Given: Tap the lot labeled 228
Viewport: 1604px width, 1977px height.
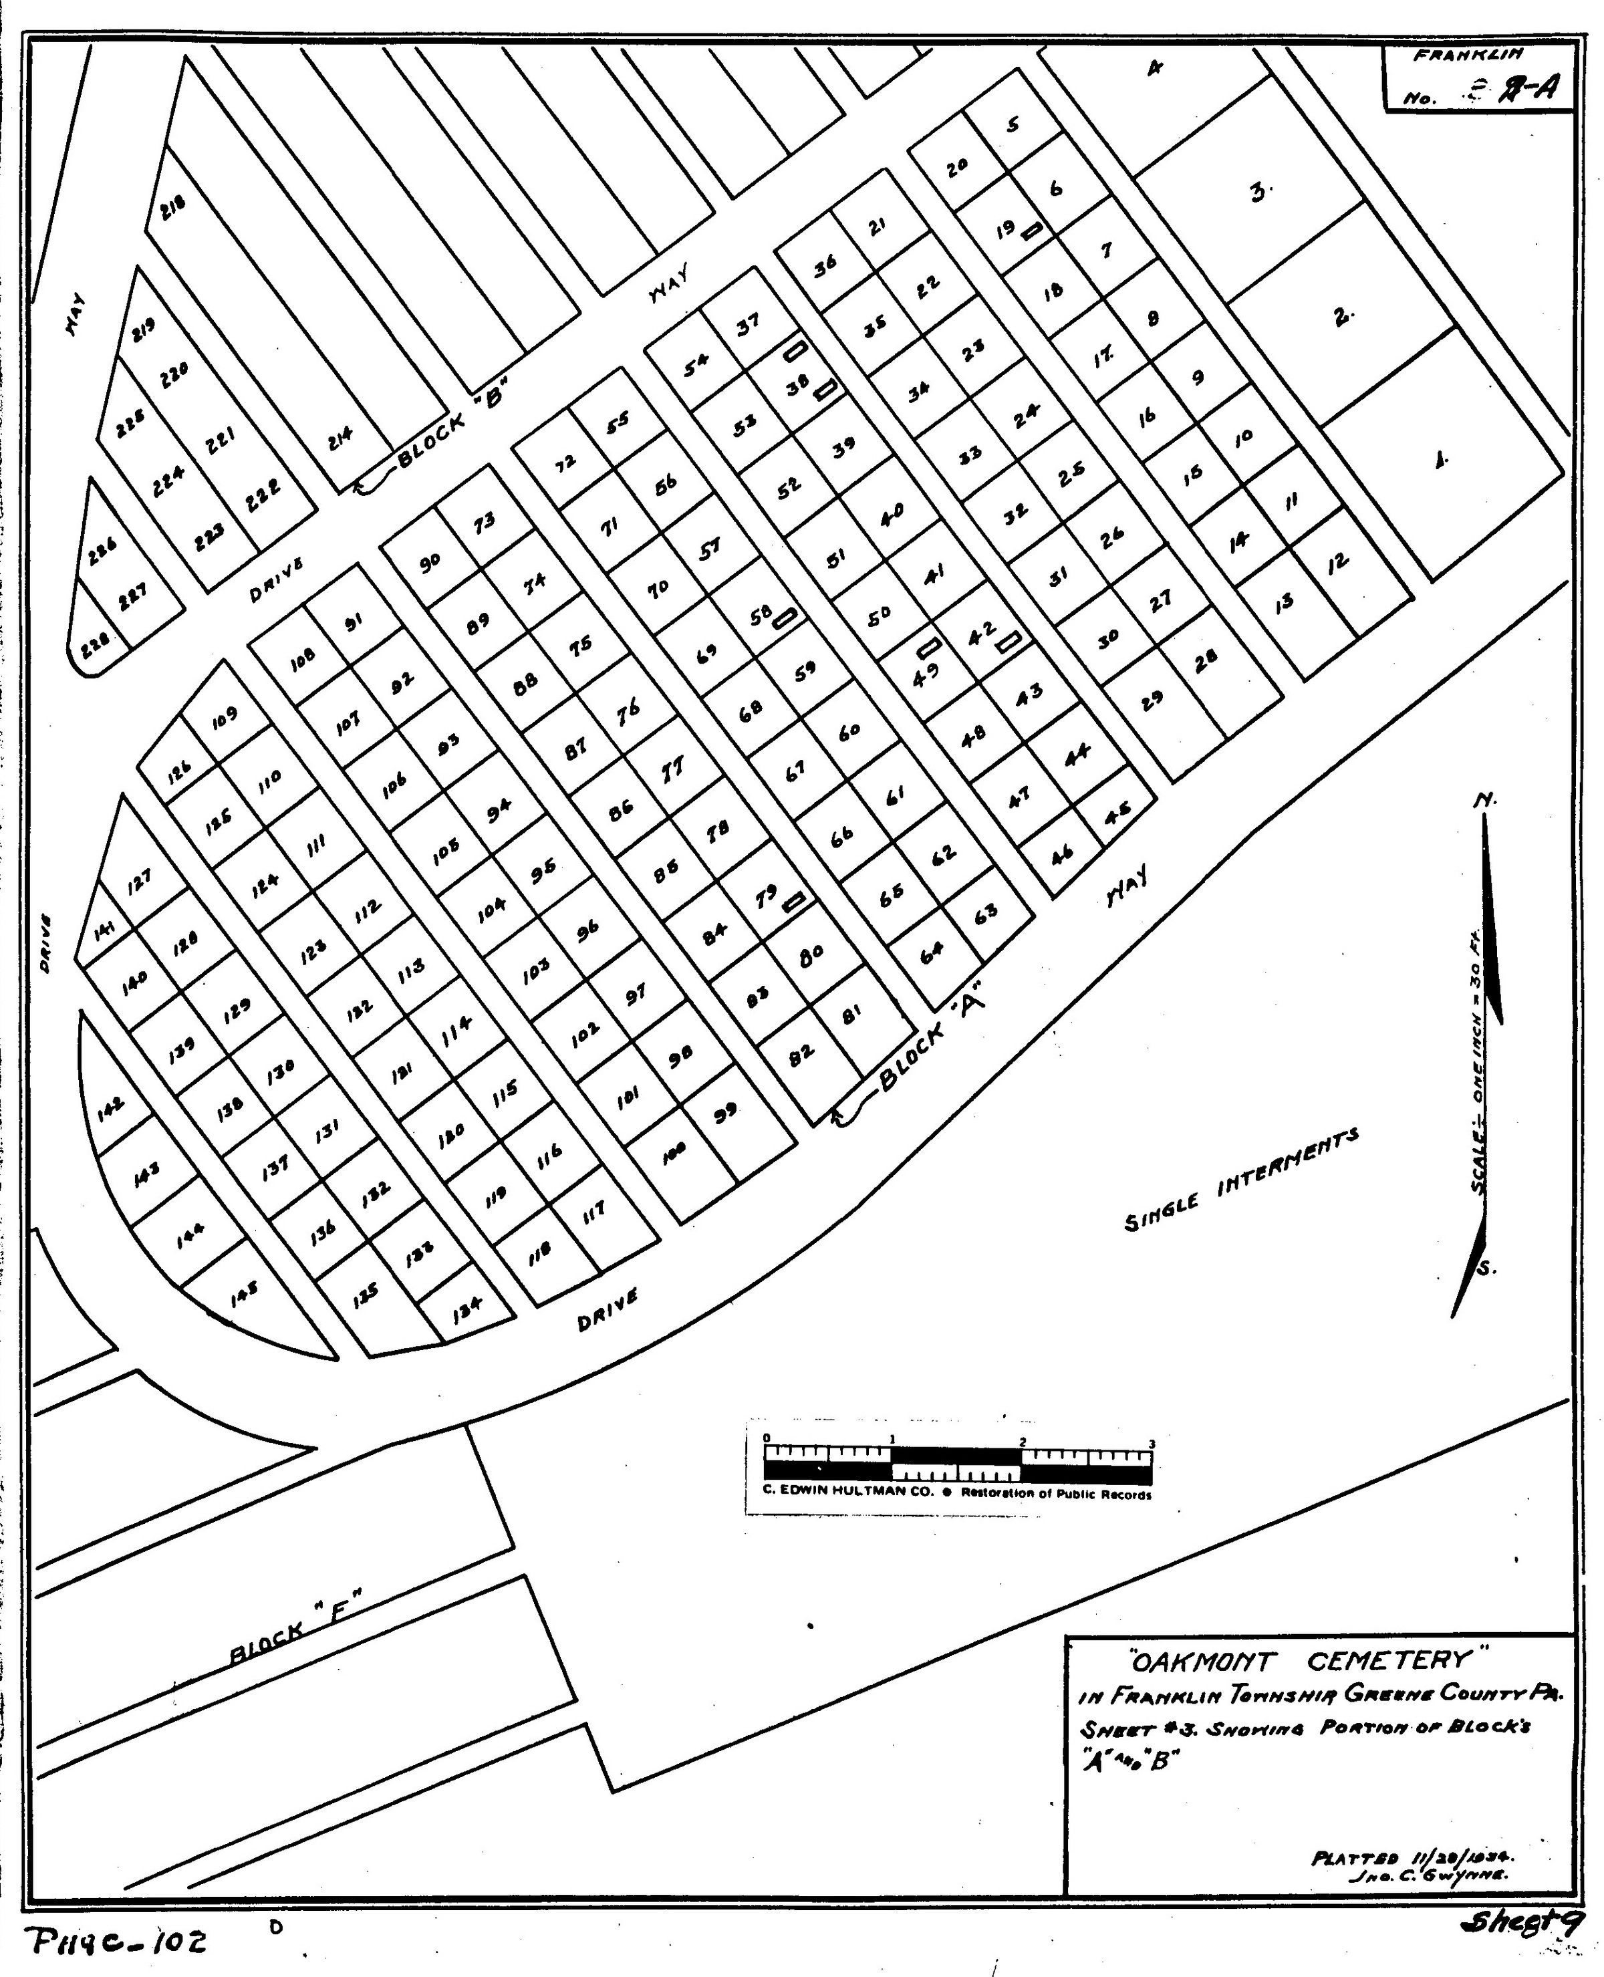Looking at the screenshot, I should [x=92, y=648].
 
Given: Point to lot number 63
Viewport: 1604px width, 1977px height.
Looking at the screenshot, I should [x=986, y=914].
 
